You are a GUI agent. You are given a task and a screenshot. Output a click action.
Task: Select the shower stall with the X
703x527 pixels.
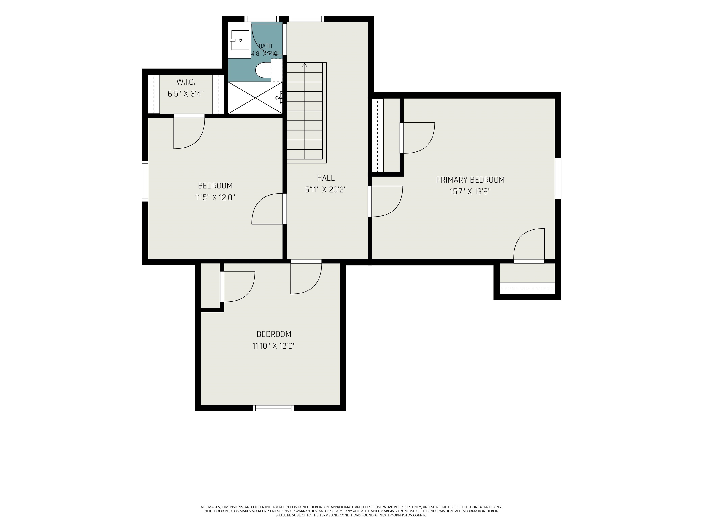[255, 97]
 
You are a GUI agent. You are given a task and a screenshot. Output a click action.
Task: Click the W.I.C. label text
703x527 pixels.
[186, 82]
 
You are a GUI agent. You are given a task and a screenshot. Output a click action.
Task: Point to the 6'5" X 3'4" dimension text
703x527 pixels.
[186, 94]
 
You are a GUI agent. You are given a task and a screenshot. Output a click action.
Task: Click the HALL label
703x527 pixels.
[326, 178]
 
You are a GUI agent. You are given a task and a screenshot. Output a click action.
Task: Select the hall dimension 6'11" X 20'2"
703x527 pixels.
[326, 190]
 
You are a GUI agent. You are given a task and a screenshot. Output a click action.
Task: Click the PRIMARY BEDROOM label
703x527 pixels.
[470, 180]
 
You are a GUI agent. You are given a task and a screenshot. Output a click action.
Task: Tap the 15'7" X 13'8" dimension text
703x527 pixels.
[470, 191]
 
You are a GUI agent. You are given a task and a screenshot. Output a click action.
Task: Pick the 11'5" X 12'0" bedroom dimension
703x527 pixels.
[215, 198]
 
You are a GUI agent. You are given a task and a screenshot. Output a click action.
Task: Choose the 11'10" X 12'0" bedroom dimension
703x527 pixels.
[274, 346]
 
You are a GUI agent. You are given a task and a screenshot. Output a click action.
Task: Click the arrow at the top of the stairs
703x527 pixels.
[305, 65]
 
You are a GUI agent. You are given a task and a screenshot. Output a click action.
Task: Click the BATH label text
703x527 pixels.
[265, 46]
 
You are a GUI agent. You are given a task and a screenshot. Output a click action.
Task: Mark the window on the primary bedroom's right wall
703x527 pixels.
[558, 178]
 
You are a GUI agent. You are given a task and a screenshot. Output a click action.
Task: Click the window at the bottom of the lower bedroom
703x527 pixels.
[273, 408]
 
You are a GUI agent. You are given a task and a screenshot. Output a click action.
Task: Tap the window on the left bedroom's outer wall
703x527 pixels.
[145, 181]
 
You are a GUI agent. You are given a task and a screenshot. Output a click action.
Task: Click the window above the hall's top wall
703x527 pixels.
[307, 19]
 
